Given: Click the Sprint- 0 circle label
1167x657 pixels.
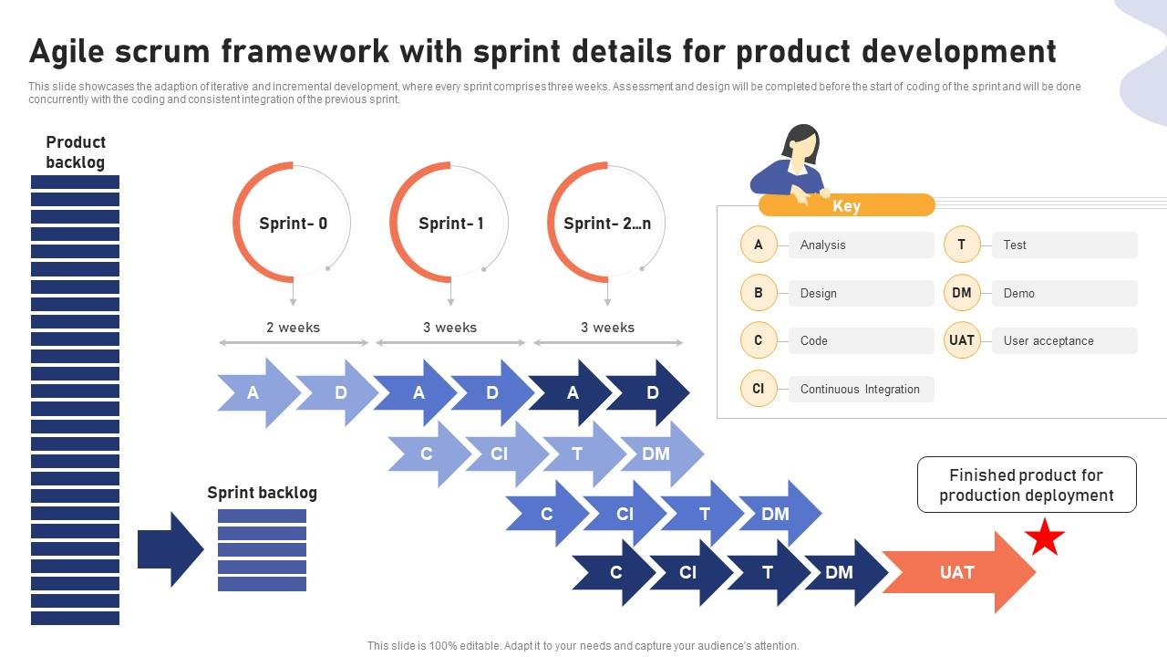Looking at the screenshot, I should pyautogui.click(x=293, y=224).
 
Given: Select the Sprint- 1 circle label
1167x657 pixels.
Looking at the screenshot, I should pyautogui.click(x=450, y=224).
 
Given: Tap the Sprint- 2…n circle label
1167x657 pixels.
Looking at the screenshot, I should pyautogui.click(x=607, y=224).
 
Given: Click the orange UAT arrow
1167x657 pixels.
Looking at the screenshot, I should pyautogui.click(x=957, y=572).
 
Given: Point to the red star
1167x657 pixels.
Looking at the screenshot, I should pyautogui.click(x=1045, y=537).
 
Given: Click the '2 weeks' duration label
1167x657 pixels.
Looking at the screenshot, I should pyautogui.click(x=293, y=328).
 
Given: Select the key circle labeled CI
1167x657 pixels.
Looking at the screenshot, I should pyautogui.click(x=758, y=389).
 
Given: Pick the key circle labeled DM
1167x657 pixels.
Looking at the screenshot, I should pyautogui.click(x=961, y=293).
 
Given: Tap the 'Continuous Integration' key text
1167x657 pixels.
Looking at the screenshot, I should pyautogui.click(x=860, y=389).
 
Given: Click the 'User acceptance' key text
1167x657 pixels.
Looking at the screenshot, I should pyautogui.click(x=1048, y=340).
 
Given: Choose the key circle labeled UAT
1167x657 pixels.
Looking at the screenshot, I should pyautogui.click(x=961, y=340).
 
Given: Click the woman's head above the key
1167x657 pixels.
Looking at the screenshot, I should pyautogui.click(x=800, y=142).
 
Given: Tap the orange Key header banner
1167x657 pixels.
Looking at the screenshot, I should pyautogui.click(x=846, y=206).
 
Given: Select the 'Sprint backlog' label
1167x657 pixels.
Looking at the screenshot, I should pyautogui.click(x=262, y=493).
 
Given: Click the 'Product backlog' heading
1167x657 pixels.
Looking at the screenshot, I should pyautogui.click(x=76, y=152).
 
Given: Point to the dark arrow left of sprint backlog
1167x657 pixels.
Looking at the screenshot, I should pyautogui.click(x=170, y=549).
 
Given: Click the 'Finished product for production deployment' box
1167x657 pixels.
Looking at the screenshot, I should pyautogui.click(x=1027, y=485).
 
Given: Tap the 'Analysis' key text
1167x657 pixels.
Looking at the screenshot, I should pyautogui.click(x=822, y=245).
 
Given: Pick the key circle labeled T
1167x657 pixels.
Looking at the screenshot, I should pyautogui.click(x=961, y=245).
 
